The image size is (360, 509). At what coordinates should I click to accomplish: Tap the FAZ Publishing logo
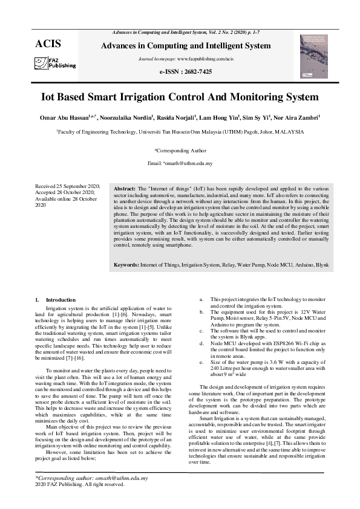[55, 63]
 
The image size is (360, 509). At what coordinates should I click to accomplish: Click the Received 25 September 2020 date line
[67, 187]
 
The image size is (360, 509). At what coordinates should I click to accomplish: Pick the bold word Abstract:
[126, 189]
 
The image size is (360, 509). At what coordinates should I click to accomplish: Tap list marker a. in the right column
[201, 299]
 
